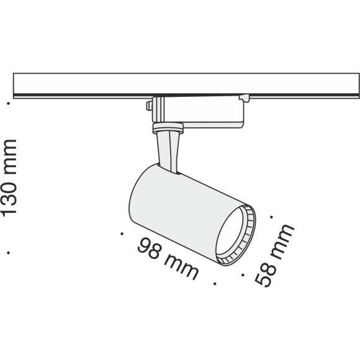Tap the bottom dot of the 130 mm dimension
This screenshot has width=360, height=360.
(9, 253)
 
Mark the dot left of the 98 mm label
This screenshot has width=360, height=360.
(122, 234)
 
